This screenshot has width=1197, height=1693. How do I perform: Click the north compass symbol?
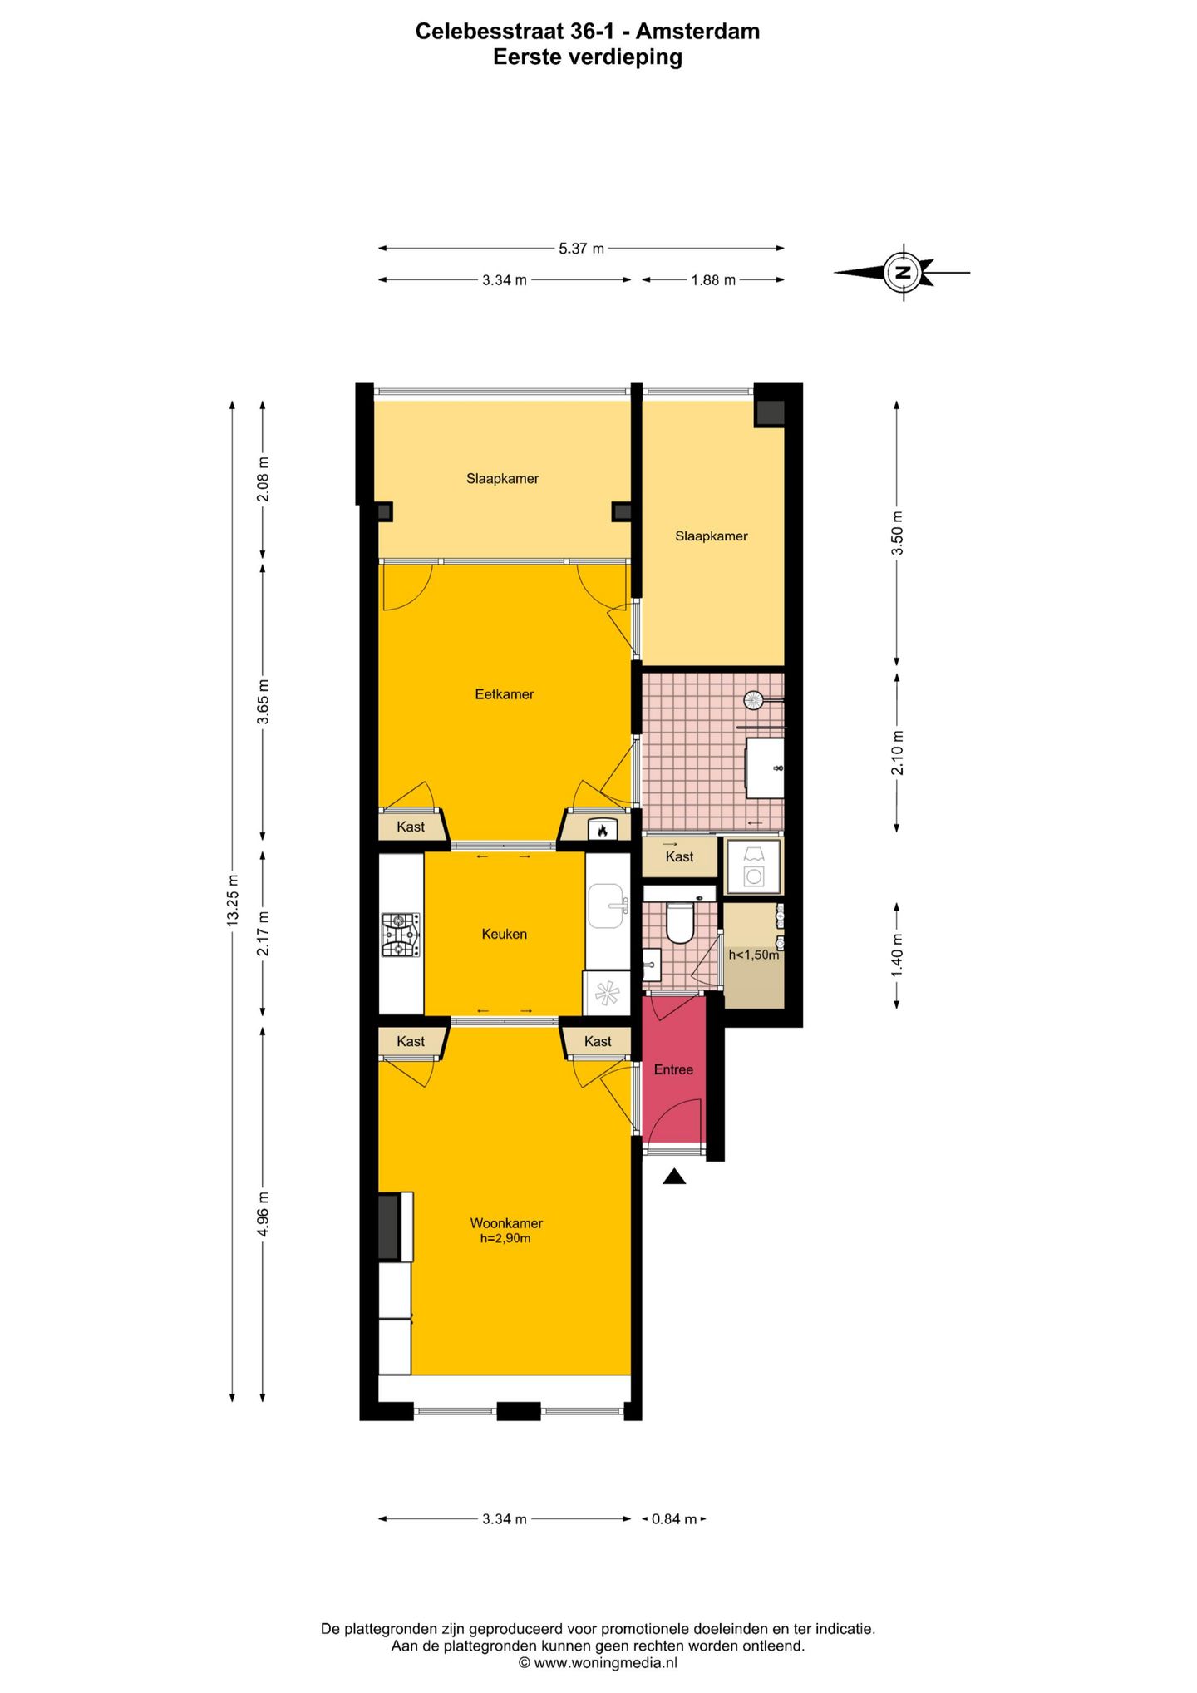click(904, 272)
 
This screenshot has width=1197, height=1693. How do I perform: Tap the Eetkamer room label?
click(504, 694)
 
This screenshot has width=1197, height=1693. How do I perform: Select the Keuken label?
click(504, 934)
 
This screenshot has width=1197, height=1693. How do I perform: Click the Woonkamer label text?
click(506, 1223)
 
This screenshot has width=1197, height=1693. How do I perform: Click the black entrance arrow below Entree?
click(674, 1176)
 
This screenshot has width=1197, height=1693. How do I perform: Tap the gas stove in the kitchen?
click(401, 935)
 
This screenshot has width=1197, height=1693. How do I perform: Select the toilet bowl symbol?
click(680, 923)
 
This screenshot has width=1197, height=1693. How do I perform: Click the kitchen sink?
click(608, 906)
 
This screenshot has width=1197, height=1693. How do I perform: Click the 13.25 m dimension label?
click(233, 900)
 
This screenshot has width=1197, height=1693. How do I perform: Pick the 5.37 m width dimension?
click(581, 248)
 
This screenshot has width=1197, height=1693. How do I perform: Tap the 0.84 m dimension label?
click(673, 1519)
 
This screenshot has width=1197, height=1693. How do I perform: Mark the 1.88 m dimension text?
click(713, 280)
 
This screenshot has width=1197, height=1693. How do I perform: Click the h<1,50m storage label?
click(754, 955)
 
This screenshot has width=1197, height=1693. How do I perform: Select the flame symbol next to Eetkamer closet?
click(603, 829)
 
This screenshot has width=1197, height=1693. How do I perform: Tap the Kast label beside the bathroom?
click(679, 857)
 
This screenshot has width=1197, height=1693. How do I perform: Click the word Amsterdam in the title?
click(697, 32)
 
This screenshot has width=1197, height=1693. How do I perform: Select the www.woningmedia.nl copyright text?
click(598, 1662)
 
